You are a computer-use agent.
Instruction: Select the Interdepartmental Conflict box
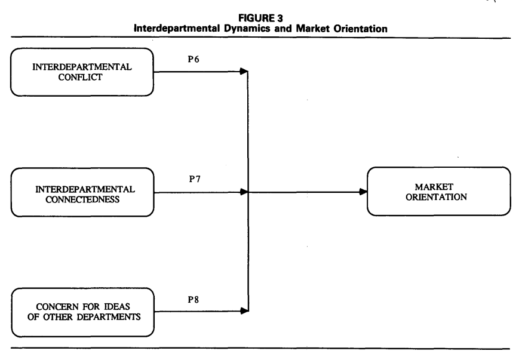pos(83,72)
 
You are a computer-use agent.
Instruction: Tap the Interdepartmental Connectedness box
pos(83,192)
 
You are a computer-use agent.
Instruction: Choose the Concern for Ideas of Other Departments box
pos(83,312)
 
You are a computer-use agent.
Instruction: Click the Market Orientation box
pos(439,192)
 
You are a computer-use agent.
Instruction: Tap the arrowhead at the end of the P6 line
pos(243,72)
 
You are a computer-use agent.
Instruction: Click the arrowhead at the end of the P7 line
pos(243,192)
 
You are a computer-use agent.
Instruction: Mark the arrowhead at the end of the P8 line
pos(243,311)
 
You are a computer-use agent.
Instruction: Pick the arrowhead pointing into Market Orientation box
pos(363,192)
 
